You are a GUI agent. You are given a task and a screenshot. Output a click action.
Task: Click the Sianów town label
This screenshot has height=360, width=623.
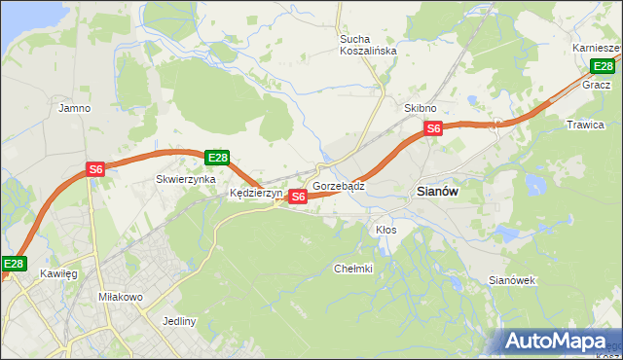[x=437, y=192]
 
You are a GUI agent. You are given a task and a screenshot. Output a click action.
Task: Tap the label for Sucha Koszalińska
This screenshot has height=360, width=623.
[x=367, y=46]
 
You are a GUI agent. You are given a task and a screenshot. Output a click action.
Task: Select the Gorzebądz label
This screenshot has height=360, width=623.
[x=339, y=185]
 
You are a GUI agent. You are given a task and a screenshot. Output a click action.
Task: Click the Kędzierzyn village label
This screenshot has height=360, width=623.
[x=255, y=194]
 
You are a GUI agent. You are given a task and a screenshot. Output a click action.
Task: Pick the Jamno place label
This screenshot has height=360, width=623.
[x=75, y=108]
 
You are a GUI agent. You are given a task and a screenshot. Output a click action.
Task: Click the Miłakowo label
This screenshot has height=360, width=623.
[x=121, y=296]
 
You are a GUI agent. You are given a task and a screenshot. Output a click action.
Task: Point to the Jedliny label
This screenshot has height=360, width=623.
[x=180, y=321]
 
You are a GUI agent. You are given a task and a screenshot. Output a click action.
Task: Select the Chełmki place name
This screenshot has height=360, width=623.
[x=352, y=269]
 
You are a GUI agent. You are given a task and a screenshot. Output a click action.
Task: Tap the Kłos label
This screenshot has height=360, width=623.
[x=385, y=230]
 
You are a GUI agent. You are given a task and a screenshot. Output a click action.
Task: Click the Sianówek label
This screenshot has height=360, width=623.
[x=512, y=280]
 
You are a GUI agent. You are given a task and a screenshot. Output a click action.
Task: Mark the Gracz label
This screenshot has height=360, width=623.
[x=596, y=85]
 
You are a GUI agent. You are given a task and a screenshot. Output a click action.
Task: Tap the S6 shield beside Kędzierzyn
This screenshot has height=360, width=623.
[x=298, y=197]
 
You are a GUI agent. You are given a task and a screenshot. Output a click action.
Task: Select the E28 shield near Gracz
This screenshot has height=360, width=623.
[x=603, y=66]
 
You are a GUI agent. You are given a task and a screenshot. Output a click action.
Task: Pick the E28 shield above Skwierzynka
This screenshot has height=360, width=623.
[x=217, y=158]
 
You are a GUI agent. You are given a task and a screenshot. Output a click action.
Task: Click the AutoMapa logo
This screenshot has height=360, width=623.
[x=555, y=341]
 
